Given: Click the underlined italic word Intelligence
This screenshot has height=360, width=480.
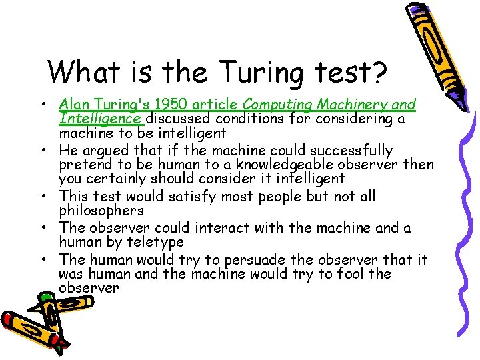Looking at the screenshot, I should [100, 119].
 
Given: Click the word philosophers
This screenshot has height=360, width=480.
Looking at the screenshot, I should [101, 211].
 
